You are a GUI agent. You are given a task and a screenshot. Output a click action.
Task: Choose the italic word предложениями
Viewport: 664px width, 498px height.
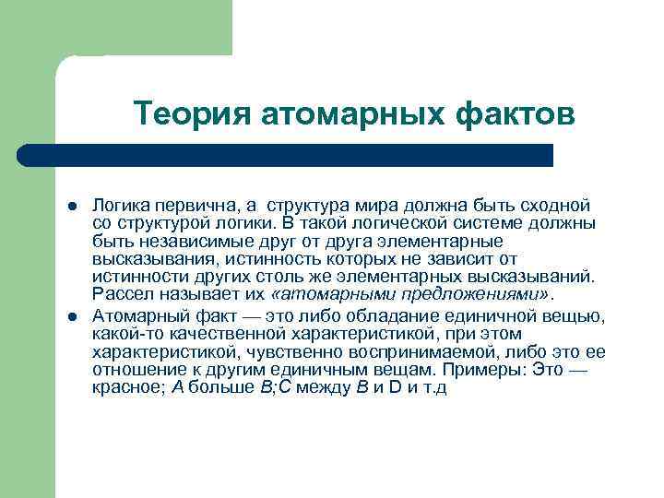[477, 294]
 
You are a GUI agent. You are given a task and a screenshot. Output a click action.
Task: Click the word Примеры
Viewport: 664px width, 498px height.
[481, 369]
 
